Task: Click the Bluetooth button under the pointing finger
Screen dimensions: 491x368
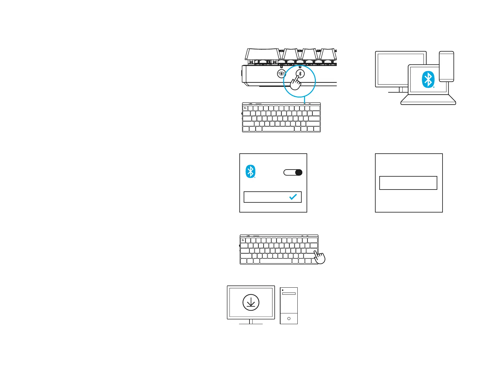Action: click(300, 74)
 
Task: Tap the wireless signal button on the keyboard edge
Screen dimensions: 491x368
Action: click(281, 74)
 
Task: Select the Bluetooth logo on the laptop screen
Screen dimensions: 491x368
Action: click(428, 79)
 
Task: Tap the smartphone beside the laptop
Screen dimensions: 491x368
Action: click(447, 66)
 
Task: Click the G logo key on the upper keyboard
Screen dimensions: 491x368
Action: click(245, 108)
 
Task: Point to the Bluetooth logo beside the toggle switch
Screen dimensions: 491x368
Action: click(250, 171)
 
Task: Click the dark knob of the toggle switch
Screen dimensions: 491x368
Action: click(298, 172)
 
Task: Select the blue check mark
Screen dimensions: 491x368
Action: click(293, 197)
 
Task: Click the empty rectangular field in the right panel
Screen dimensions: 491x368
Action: click(408, 183)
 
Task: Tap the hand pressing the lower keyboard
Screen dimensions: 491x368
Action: click(319, 257)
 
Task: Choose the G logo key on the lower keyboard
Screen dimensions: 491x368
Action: click(243, 240)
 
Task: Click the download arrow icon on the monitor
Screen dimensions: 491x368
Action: click(251, 303)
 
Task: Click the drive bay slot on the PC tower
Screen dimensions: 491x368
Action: click(289, 293)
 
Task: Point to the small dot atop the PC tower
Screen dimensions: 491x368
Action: click(283, 290)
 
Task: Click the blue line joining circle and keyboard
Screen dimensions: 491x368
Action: click(304, 100)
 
